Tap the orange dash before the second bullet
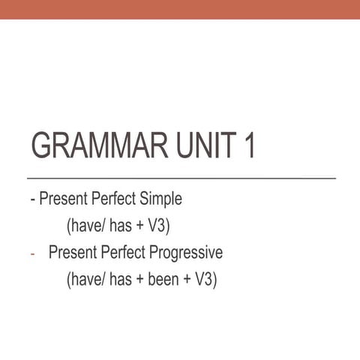[x=32, y=253]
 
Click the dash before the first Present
[x=32, y=200]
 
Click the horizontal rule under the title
[x=180, y=178]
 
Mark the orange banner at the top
[x=180, y=9]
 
